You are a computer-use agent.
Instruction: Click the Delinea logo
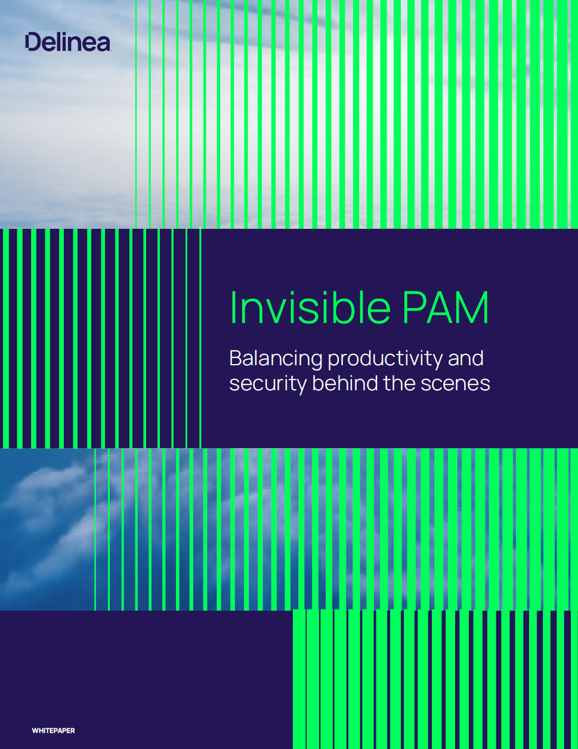pos(67,42)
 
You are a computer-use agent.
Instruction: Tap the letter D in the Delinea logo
pos(33,42)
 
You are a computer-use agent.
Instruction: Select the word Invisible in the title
pos(310,307)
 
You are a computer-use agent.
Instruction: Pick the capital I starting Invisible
pos(233,307)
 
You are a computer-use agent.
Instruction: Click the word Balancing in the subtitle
pos(276,359)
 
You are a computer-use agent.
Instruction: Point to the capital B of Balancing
pos(235,359)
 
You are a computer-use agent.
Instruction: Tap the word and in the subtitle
pos(465,359)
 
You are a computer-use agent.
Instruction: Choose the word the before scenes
pos(400,383)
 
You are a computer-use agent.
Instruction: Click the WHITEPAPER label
pos(53,731)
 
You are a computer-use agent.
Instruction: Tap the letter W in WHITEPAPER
pos(34,731)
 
